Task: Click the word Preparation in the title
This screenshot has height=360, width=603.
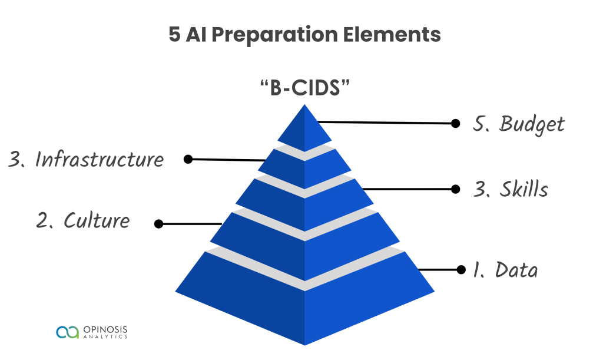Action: pyautogui.click(x=274, y=35)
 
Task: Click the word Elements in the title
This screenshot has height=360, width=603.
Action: pyautogui.click(x=392, y=34)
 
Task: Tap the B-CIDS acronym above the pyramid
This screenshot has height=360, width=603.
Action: pyautogui.click(x=305, y=88)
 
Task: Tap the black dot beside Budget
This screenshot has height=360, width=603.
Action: pyautogui.click(x=455, y=124)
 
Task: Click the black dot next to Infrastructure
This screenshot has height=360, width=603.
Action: pyautogui.click(x=188, y=159)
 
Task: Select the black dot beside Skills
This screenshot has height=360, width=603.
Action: pyautogui.click(x=455, y=189)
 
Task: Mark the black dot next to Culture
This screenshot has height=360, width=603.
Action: pyautogui.click(x=158, y=224)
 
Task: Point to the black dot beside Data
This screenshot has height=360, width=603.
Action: pyautogui.click(x=461, y=270)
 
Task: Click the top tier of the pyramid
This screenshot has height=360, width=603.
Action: pyautogui.click(x=304, y=131)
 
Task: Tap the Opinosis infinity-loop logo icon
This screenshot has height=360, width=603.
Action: pyautogui.click(x=67, y=332)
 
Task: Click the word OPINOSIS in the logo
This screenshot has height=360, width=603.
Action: pyautogui.click(x=105, y=329)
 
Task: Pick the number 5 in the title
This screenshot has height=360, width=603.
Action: pyautogui.click(x=174, y=35)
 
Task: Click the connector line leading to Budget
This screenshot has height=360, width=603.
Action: pyautogui.click(x=385, y=123)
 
